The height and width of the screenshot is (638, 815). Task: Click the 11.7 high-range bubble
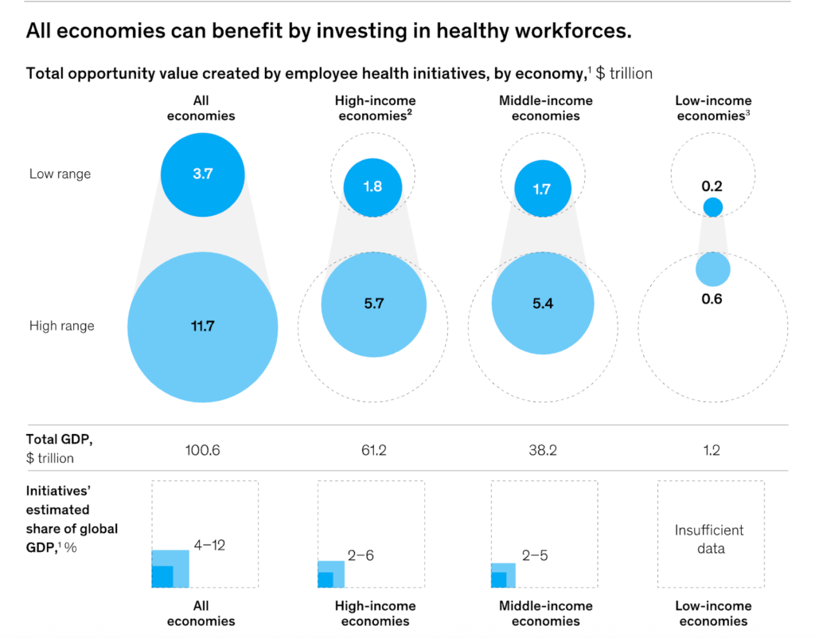click(x=202, y=327)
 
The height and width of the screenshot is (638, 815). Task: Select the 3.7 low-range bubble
click(x=202, y=174)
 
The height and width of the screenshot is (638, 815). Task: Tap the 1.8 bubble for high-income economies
click(x=372, y=187)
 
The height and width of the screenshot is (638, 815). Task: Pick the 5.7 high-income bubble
click(x=372, y=304)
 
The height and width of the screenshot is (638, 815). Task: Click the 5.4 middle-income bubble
click(x=542, y=304)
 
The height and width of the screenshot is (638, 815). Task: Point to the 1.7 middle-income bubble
click(x=542, y=190)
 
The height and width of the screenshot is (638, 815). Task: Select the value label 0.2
click(x=712, y=186)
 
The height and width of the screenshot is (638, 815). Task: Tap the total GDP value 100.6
click(x=202, y=450)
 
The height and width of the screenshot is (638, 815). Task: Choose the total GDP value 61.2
click(x=372, y=450)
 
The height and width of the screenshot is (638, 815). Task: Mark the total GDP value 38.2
click(x=542, y=450)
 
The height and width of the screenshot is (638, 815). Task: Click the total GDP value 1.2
click(x=712, y=450)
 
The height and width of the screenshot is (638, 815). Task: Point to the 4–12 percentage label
click(x=209, y=546)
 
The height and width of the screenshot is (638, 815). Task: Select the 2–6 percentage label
click(x=361, y=555)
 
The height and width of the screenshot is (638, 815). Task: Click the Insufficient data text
click(x=709, y=538)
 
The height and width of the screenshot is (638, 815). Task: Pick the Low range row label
click(x=60, y=174)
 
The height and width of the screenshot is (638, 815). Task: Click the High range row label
click(x=61, y=326)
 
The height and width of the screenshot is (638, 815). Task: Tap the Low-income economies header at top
click(x=713, y=108)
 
